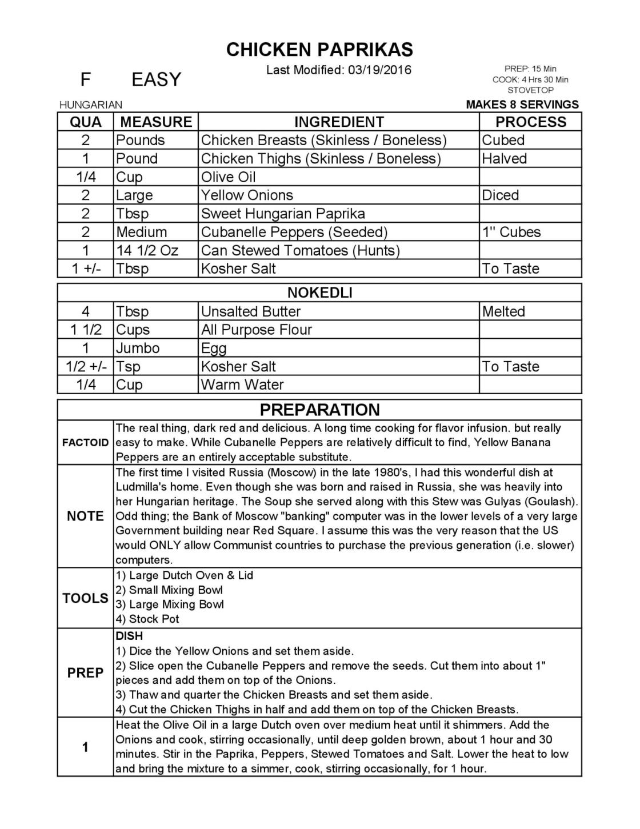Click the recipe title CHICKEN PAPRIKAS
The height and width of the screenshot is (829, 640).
pyautogui.click(x=319, y=50)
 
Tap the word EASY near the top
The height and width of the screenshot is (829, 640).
pyautogui.click(x=156, y=79)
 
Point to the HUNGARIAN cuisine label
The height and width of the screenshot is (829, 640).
pyautogui.click(x=91, y=105)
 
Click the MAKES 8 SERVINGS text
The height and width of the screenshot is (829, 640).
pyautogui.click(x=522, y=105)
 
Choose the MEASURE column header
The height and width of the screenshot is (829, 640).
pyautogui.click(x=156, y=122)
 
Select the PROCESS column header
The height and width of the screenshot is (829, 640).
pyautogui.click(x=530, y=122)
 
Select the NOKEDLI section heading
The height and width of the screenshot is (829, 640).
pyautogui.click(x=319, y=293)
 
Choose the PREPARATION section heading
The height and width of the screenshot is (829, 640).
pyautogui.click(x=319, y=410)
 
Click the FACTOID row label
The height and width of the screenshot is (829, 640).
pyautogui.click(x=86, y=443)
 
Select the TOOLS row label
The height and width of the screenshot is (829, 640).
pyautogui.click(x=86, y=598)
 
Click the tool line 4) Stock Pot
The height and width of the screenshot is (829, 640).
pyautogui.click(x=148, y=619)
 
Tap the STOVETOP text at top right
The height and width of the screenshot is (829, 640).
pyautogui.click(x=530, y=90)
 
